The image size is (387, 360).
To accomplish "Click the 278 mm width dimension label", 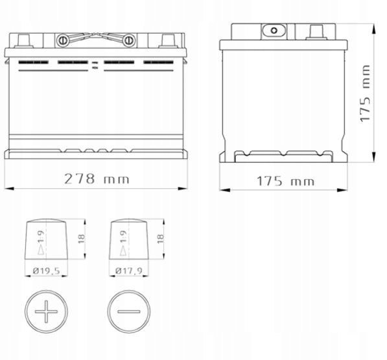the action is point(97,179).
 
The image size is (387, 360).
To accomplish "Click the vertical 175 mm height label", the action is point(365,93).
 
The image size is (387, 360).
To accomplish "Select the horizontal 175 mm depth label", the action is point(286,181).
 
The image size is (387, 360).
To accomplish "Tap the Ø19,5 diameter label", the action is point(47,271).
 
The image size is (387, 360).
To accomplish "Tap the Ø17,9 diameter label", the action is point(129,271).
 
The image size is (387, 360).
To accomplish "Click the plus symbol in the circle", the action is point(46,311).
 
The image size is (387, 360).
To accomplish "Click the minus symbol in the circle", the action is point(129,311).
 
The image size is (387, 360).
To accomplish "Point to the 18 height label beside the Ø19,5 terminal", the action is point(82,239).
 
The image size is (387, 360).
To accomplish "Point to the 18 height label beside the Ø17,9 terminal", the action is point(160,239).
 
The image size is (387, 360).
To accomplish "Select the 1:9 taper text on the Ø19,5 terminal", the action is point(41,236).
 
